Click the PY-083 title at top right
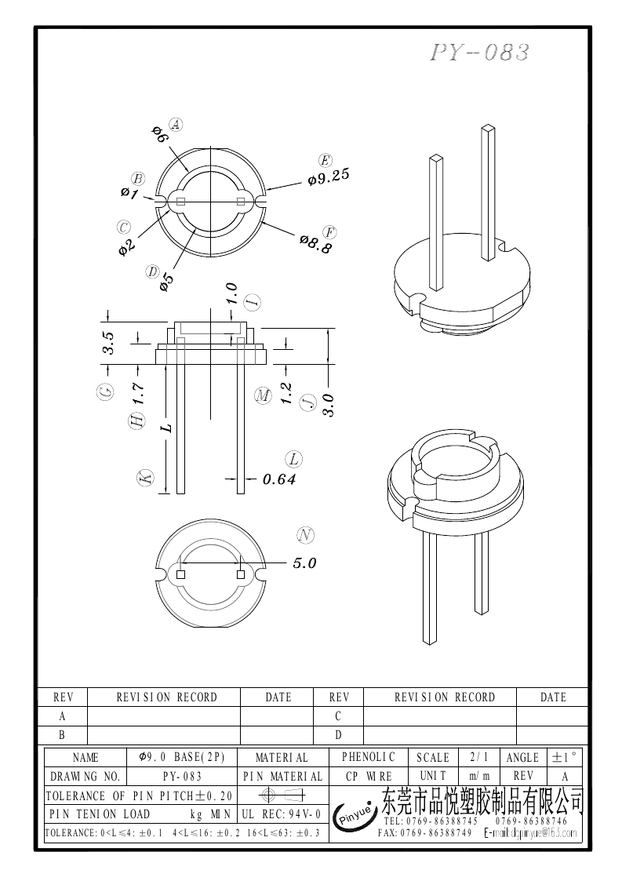click(480, 53)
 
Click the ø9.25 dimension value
click(329, 178)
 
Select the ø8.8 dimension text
click(316, 244)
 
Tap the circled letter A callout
click(176, 124)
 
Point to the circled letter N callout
click(306, 536)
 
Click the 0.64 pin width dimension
click(278, 479)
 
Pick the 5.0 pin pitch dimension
click(304, 563)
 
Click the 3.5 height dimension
click(109, 343)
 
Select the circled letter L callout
click(294, 459)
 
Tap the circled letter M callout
click(263, 396)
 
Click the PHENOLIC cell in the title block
click(369, 757)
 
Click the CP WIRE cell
click(369, 776)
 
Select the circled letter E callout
click(325, 159)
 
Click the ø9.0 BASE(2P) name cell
click(182, 757)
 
